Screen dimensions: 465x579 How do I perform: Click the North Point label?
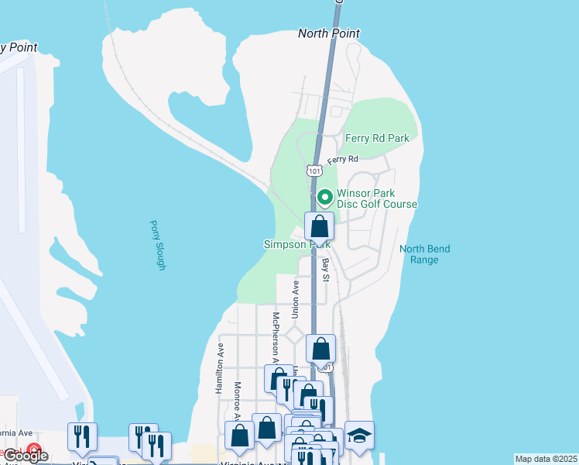pyautogui.click(x=329, y=33)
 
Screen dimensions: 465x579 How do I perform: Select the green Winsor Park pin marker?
pyautogui.click(x=325, y=198)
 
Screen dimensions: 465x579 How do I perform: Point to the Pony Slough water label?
pyautogui.click(x=158, y=245)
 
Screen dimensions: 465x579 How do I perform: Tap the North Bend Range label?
pyautogui.click(x=424, y=254)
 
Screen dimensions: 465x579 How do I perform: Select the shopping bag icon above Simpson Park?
pyautogui.click(x=320, y=227)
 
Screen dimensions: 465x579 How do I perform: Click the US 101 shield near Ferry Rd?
pyautogui.click(x=313, y=170)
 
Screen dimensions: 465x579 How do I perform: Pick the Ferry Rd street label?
pyautogui.click(x=342, y=160)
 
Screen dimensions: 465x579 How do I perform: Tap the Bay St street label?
pyautogui.click(x=326, y=270)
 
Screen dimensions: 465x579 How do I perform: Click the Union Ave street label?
pyautogui.click(x=295, y=298)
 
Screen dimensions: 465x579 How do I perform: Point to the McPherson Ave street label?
pyautogui.click(x=274, y=333)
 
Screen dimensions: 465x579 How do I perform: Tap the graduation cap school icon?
pyautogui.click(x=359, y=435)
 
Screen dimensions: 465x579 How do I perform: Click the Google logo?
pyautogui.click(x=26, y=456)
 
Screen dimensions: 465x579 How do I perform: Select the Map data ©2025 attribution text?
pyautogui.click(x=546, y=459)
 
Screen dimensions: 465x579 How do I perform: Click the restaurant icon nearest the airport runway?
pyautogui.click(x=82, y=436)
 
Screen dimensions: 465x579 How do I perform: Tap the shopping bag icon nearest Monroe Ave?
pyautogui.click(x=240, y=436)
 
